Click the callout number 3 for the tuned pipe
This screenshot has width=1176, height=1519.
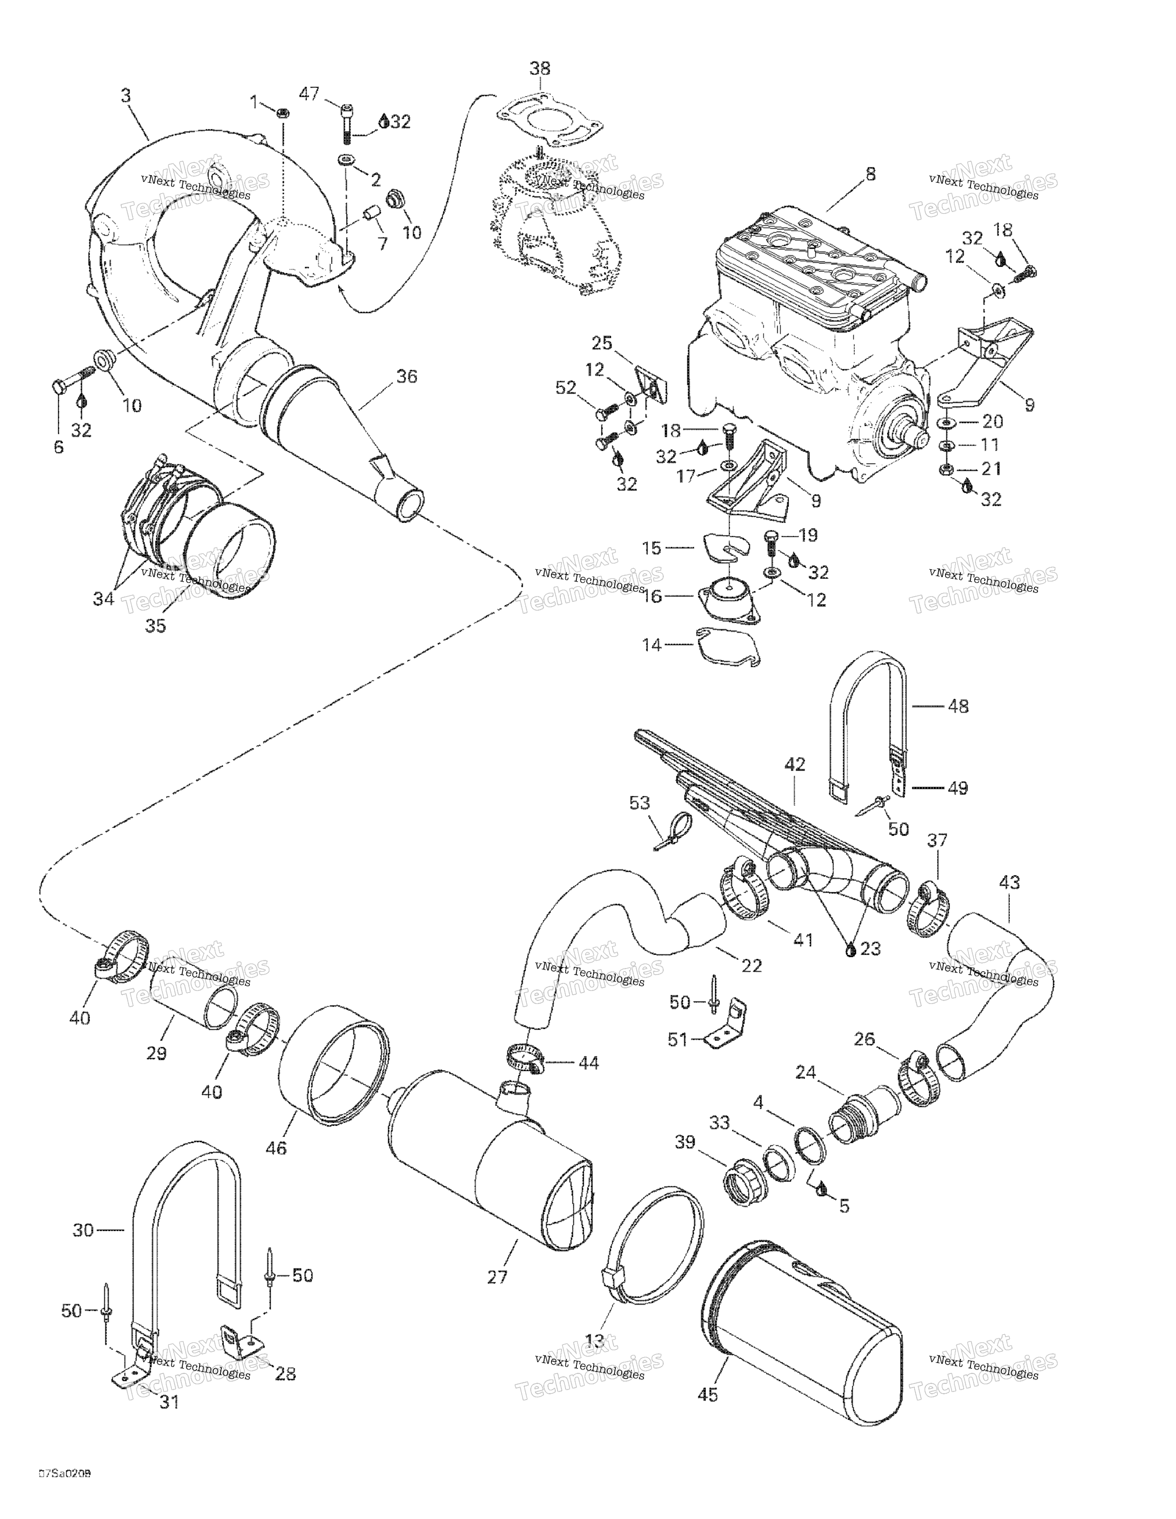pyautogui.click(x=126, y=95)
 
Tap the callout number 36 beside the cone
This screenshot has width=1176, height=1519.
pyautogui.click(x=407, y=376)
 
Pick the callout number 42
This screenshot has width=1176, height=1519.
pyautogui.click(x=795, y=764)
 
